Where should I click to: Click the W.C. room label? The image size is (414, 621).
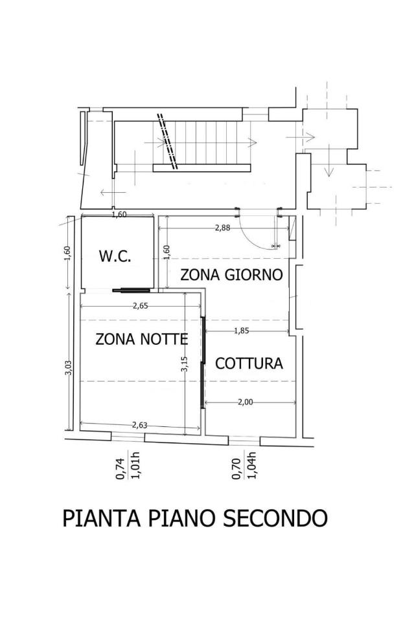[115, 256]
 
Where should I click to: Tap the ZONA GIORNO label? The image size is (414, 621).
[231, 274]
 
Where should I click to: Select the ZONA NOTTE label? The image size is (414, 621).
[142, 339]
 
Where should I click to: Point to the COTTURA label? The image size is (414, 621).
[249, 363]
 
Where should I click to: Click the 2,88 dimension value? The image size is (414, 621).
[222, 228]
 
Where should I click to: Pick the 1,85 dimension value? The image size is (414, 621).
[242, 331]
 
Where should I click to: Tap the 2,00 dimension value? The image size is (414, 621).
[245, 402]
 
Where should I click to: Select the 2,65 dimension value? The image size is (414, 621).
[140, 305]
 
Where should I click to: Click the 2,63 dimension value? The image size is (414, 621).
[139, 426]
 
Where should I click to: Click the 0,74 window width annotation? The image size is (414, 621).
[121, 469]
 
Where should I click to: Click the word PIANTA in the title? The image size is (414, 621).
[102, 518]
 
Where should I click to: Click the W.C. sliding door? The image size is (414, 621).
[132, 290]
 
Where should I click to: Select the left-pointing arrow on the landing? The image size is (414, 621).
[113, 193]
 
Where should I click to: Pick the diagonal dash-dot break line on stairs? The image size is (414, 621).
[167, 142]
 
